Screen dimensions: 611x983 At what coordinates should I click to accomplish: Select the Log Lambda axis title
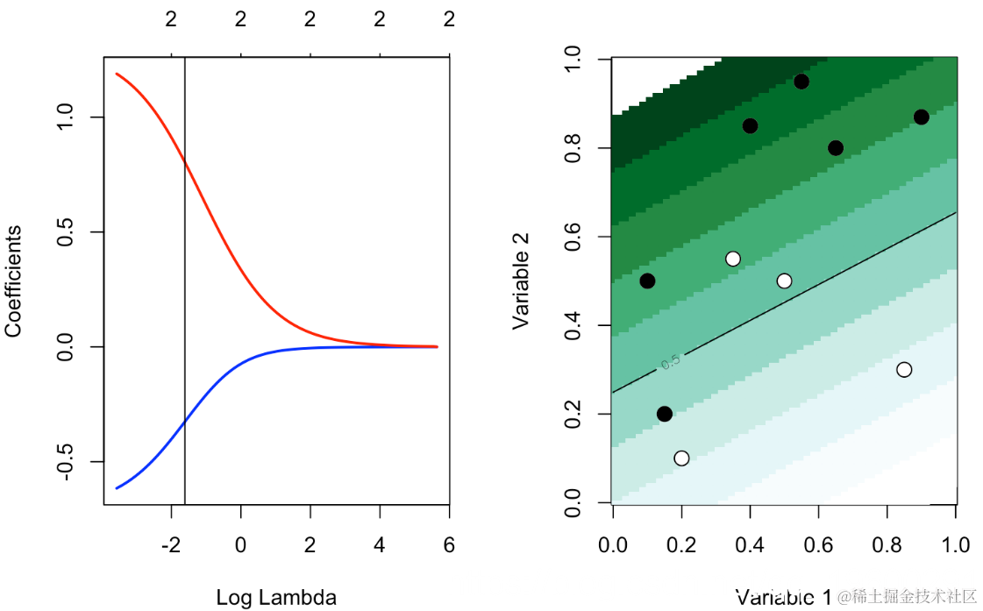tap(275, 598)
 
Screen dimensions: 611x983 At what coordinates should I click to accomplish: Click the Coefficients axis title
tap(13, 281)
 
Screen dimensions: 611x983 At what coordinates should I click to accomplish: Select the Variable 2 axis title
tap(522, 281)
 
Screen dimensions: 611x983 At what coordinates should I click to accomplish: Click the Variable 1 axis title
tap(783, 598)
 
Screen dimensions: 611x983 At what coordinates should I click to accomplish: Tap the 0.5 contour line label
tap(671, 362)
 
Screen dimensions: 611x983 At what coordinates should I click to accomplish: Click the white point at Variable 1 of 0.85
tap(904, 370)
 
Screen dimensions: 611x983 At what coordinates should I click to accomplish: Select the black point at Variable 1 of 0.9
tap(921, 117)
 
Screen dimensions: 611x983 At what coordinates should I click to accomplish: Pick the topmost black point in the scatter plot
tap(801, 82)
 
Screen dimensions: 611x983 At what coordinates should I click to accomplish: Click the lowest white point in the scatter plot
tap(681, 458)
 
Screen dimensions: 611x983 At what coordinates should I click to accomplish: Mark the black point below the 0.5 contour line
tap(664, 414)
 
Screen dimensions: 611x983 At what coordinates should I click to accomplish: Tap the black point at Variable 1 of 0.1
tap(647, 281)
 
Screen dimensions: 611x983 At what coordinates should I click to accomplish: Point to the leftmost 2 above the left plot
tap(171, 18)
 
